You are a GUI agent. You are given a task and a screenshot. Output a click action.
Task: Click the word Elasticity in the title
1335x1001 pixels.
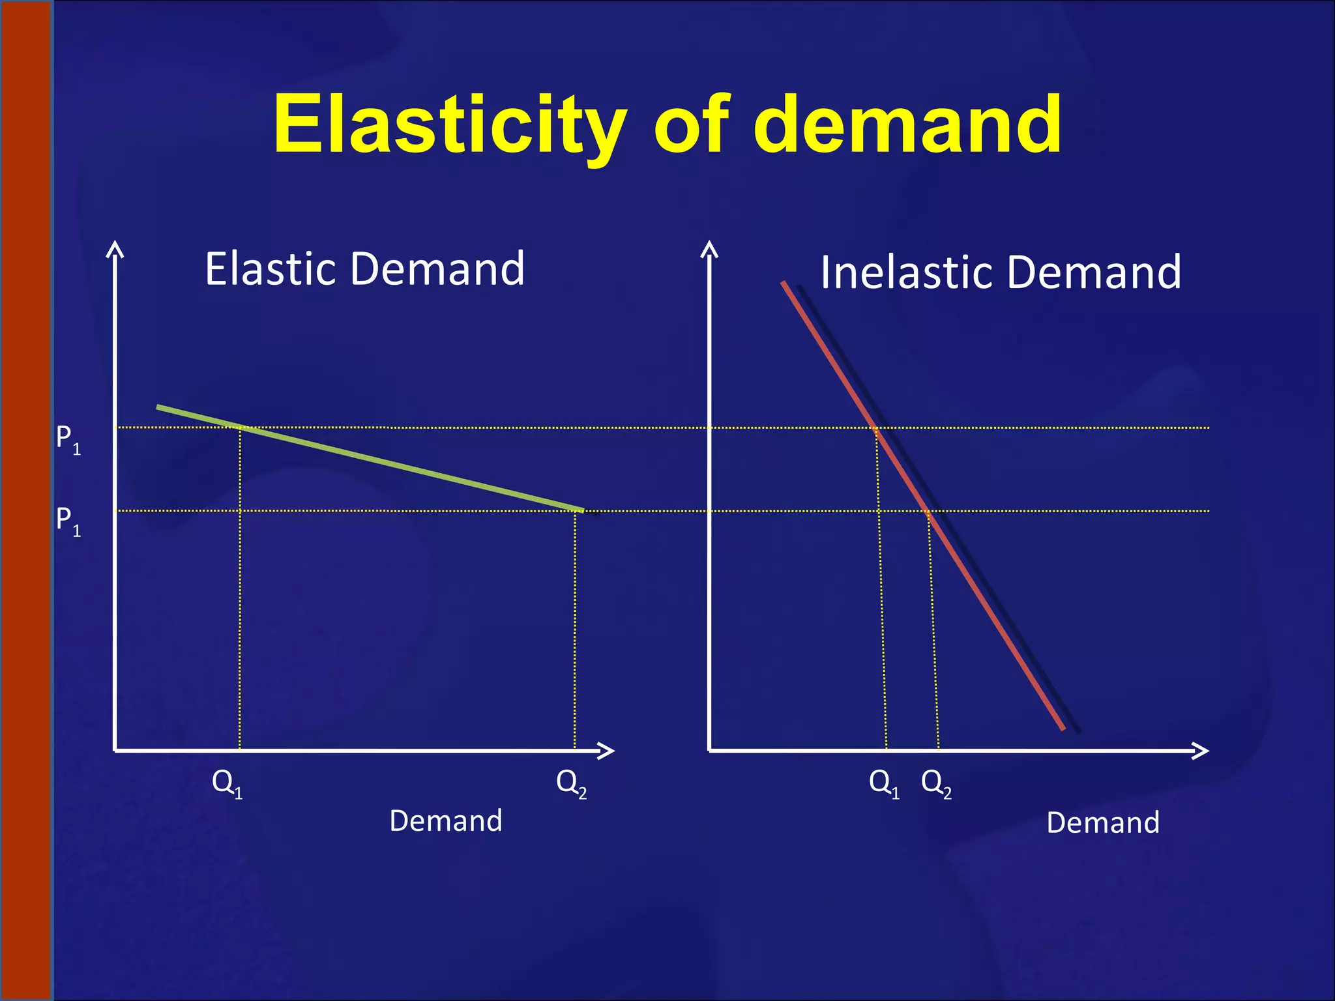(450, 124)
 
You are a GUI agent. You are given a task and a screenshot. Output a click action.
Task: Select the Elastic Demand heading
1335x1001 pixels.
(364, 268)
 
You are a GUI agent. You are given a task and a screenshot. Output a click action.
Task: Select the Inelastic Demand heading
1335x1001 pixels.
(1001, 272)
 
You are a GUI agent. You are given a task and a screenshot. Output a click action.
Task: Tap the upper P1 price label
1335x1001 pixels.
(68, 439)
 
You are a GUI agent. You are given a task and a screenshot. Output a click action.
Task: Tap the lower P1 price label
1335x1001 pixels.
(68, 521)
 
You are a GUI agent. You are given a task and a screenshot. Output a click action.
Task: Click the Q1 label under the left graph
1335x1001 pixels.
(227, 782)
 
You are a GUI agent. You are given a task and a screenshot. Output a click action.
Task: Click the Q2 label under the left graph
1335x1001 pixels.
(571, 782)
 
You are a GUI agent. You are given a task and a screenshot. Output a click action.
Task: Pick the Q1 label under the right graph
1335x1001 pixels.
(884, 782)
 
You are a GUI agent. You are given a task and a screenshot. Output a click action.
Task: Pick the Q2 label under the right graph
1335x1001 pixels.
(936, 782)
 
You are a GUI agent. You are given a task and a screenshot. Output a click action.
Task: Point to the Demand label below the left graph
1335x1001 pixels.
(446, 820)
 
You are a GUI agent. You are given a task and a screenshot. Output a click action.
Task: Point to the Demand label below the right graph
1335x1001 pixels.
(1103, 822)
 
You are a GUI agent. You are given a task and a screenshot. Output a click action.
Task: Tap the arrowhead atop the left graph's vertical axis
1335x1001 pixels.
(115, 248)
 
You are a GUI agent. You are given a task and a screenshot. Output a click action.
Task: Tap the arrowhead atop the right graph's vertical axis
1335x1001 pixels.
(709, 248)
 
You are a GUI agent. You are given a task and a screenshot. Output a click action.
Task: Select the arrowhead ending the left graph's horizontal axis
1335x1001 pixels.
(608, 751)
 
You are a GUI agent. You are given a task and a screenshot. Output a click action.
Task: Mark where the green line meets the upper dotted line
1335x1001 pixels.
(239, 428)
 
